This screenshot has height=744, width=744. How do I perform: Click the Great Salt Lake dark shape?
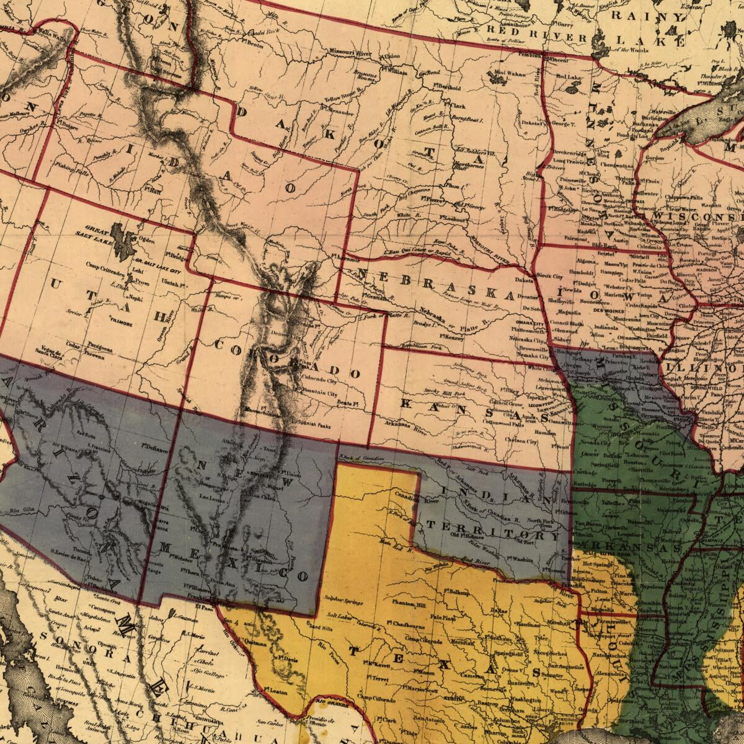point(125,236)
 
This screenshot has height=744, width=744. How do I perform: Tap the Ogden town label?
point(146,240)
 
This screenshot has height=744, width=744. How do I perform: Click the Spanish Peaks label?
point(314,427)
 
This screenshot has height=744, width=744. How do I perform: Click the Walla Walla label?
point(52,37)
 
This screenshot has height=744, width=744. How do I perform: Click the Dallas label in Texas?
point(496,611)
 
